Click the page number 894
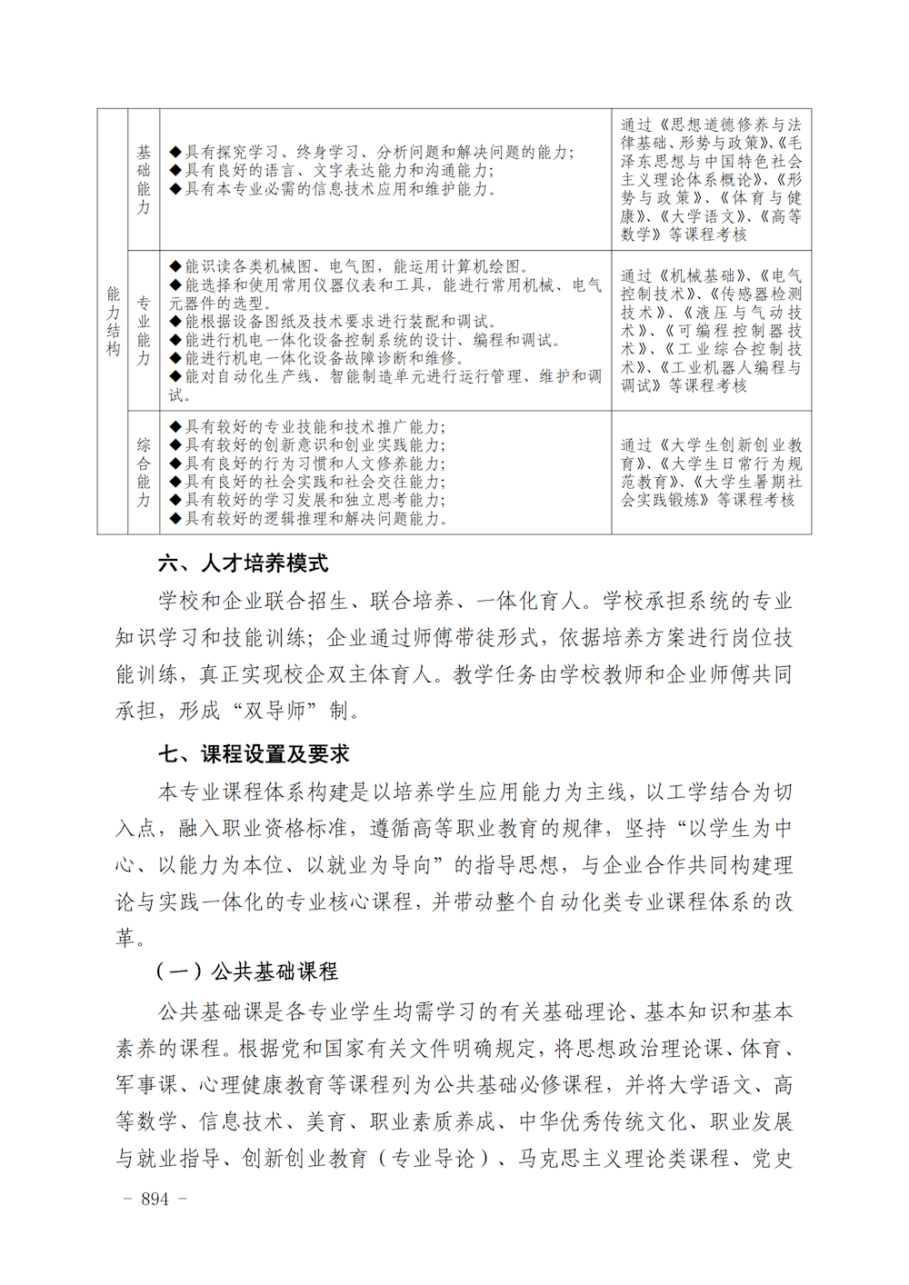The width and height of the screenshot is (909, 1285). pos(155,1199)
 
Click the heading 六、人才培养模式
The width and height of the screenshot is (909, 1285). pos(243,563)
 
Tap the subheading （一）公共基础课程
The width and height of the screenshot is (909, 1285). pos(247,971)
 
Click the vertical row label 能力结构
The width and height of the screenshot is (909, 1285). pos(113,321)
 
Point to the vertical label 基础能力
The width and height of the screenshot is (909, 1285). pos(144,179)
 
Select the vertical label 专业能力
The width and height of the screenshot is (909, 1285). pos(144,330)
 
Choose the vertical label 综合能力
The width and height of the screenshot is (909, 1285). pos(144,473)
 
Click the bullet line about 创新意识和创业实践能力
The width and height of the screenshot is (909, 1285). pos(315,445)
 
